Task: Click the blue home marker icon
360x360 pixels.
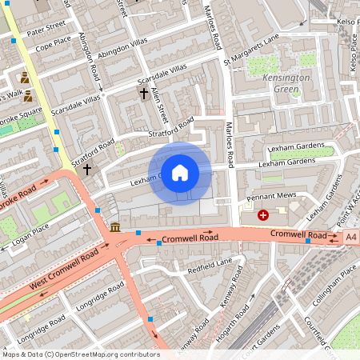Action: click(180, 173)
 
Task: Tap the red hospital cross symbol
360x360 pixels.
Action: click(263, 215)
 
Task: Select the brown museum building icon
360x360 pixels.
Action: click(115, 228)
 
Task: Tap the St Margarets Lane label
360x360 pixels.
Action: click(251, 49)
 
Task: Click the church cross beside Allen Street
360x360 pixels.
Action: click(144, 94)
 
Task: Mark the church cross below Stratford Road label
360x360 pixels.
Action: click(86, 170)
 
